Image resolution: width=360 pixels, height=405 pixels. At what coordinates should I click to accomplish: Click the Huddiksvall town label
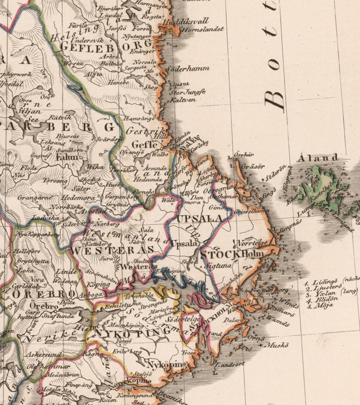pos(186,21)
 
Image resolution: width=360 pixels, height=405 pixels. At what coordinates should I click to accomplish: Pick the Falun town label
pos(67,157)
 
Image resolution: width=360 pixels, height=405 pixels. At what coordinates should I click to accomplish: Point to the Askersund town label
pos(43,355)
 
